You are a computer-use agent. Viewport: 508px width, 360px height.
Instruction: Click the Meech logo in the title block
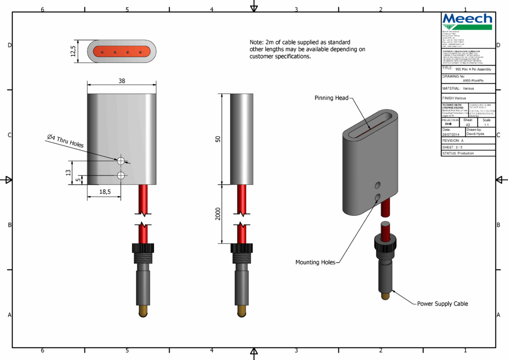467,21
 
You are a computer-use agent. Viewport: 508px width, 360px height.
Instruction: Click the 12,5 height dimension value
73,51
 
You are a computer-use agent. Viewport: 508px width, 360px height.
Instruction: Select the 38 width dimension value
122,80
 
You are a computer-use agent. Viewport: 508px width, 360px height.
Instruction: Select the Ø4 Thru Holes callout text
65,141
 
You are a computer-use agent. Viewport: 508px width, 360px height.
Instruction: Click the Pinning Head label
331,98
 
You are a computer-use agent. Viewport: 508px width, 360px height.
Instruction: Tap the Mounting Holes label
315,262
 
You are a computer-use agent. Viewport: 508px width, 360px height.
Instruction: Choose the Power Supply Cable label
442,303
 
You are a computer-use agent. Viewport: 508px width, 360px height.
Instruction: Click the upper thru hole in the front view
121,161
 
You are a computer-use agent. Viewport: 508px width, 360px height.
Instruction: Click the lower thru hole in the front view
121,176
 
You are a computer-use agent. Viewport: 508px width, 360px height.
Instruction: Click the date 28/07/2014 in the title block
451,134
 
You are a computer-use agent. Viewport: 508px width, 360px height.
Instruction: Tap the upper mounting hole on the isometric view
378,185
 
